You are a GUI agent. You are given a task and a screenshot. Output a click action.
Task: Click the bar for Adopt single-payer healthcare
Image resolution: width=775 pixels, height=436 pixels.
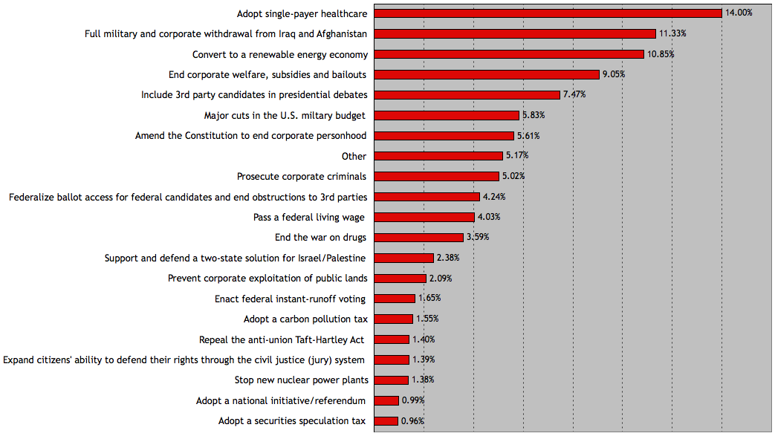(x=548, y=13)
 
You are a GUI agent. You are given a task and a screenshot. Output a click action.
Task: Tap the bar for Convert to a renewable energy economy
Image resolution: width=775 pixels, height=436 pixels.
(x=509, y=54)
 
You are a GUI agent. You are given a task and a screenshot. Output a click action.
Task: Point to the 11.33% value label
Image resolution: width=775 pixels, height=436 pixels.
(x=673, y=33)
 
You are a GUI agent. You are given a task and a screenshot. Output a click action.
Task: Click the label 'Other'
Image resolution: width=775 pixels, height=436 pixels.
(x=354, y=156)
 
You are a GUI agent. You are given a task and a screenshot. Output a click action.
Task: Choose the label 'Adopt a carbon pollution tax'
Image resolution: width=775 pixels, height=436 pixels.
(x=305, y=319)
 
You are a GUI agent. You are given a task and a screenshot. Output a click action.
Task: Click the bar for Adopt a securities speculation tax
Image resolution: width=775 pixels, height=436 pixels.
(x=386, y=421)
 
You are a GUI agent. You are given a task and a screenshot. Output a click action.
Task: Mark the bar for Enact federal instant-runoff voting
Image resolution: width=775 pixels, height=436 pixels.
(x=395, y=299)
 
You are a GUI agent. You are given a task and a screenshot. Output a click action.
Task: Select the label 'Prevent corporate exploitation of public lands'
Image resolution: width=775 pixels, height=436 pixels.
(x=267, y=279)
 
